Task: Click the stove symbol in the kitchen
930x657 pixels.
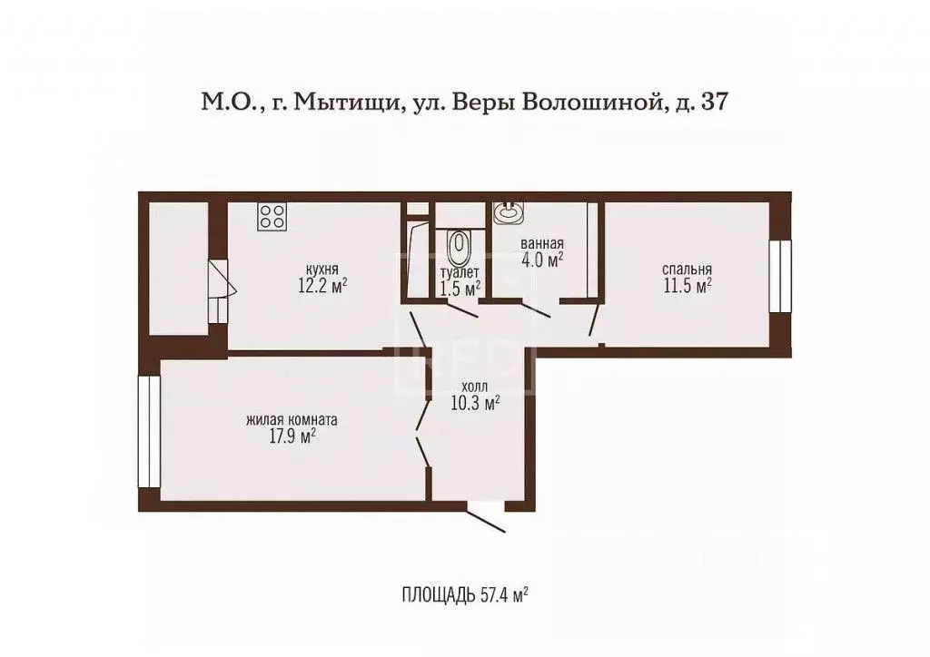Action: (x=272, y=216)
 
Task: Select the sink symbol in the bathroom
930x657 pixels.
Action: (x=507, y=212)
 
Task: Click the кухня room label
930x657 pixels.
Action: (x=322, y=270)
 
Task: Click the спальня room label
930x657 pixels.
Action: (x=687, y=270)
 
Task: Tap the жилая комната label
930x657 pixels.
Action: (x=292, y=420)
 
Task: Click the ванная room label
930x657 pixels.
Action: (x=542, y=244)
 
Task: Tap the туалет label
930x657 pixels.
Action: (x=460, y=272)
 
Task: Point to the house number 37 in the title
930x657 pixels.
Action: (x=715, y=103)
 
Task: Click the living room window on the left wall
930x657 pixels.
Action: (x=149, y=431)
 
